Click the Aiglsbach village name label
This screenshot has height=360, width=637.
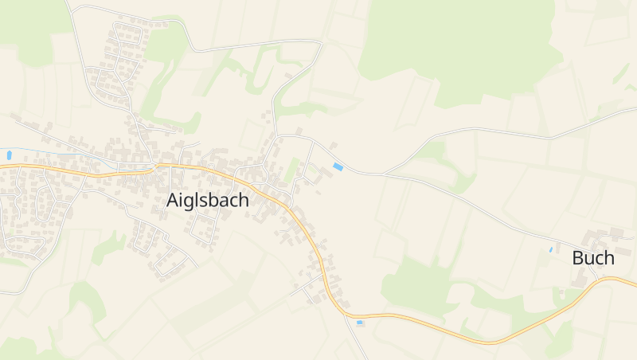pyautogui.click(x=208, y=201)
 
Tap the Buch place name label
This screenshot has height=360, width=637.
pyautogui.click(x=593, y=258)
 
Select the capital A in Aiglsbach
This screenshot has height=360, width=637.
pyautogui.click(x=174, y=201)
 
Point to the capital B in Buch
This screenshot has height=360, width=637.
pyautogui.click(x=578, y=258)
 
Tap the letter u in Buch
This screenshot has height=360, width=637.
pyautogui.click(x=590, y=259)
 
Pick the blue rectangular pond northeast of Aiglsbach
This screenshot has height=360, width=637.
pyautogui.click(x=338, y=167)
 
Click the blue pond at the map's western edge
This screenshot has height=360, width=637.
pyautogui.click(x=9, y=155)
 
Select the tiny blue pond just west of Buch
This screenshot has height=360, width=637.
pyautogui.click(x=550, y=250)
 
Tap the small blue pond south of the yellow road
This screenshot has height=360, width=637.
pyautogui.click(x=360, y=323)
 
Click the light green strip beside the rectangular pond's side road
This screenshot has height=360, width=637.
pyautogui.click(x=292, y=169)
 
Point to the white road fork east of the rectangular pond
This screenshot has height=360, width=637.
pyautogui.click(x=382, y=173)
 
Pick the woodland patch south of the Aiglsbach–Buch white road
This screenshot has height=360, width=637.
pyautogui.click(x=414, y=279)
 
